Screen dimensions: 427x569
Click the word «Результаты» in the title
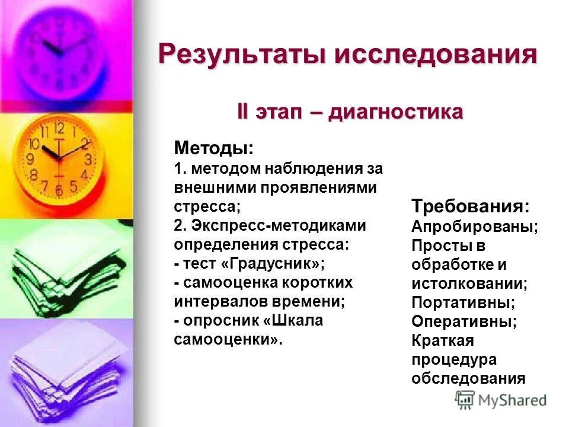243,55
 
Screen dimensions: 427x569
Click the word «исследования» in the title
436,55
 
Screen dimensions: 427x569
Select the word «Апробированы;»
475,227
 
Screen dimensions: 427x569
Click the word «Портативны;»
463,302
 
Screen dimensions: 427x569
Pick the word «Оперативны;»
464,321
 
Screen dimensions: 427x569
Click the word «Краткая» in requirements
442,340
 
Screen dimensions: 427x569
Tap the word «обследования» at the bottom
468,378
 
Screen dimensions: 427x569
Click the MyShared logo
501,399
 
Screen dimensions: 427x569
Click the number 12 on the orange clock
59,128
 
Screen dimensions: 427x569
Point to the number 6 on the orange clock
59,191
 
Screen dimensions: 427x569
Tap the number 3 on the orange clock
88,160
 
